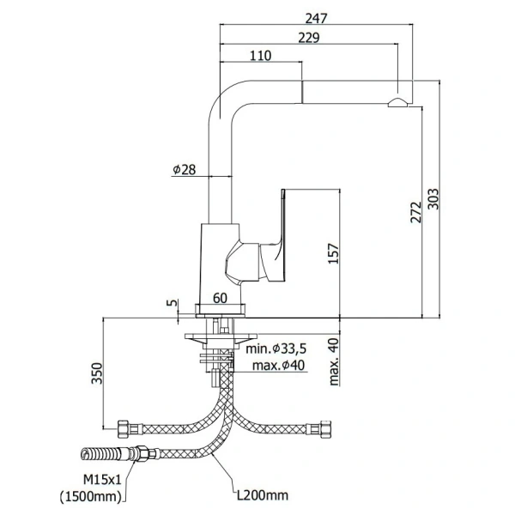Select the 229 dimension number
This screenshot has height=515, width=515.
pyautogui.click(x=311, y=37)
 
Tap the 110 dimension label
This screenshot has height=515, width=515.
pyautogui.click(x=260, y=56)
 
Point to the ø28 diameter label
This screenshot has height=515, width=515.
pyautogui.click(x=185, y=170)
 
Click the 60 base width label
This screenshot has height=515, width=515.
pyautogui.click(x=221, y=298)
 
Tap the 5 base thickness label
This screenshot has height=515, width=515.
pyautogui.click(x=173, y=303)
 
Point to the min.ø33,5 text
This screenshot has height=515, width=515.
pyautogui.click(x=276, y=349)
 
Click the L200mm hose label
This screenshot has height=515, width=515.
pyautogui.click(x=262, y=496)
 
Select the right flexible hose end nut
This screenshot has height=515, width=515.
pyautogui.click(x=325, y=425)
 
